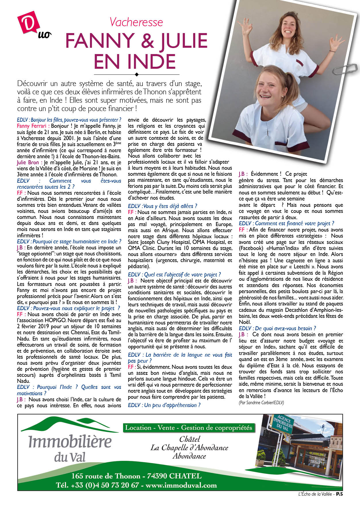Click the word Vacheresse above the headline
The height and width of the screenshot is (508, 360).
pos(136,22)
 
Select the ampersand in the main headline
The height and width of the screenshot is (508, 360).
pos(147,41)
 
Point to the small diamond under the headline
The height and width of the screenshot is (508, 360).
pos(137,75)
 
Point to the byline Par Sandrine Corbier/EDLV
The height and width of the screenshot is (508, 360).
pos(261,403)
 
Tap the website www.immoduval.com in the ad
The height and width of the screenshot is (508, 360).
pos(181,486)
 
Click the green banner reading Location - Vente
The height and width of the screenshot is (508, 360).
pos(189,428)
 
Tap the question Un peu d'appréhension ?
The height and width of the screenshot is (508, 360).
pos(164,405)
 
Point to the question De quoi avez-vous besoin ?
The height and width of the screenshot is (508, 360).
pos(277,328)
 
